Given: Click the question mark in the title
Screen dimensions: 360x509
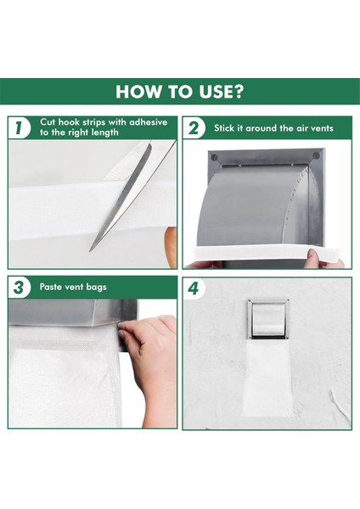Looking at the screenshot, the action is [238, 92].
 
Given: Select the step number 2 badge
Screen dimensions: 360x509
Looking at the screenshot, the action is [194, 128].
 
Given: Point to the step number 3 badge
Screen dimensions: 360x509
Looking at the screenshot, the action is [20, 287].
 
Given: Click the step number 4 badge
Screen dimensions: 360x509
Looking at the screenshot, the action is [194, 288].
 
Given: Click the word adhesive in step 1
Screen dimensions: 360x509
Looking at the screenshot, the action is [149, 122].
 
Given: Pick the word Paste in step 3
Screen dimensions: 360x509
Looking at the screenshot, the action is [50, 287].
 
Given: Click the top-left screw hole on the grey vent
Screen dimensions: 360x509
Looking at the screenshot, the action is [215, 158].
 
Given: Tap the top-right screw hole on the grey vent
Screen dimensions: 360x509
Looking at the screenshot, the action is [316, 156].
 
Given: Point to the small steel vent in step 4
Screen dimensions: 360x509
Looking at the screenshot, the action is [268, 319].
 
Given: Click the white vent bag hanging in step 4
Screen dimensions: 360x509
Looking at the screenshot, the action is [268, 378].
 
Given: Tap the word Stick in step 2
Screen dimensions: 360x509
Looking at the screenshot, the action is [224, 128].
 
